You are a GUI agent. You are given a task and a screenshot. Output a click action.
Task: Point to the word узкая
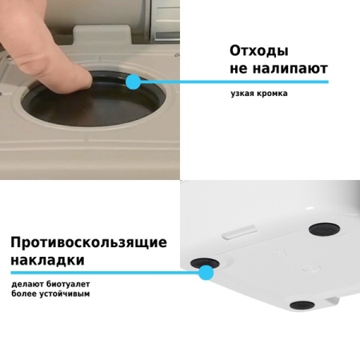[x=240, y=94]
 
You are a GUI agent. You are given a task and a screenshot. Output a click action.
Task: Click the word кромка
[x=270, y=94]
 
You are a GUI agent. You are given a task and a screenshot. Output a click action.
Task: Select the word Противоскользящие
[x=88, y=242]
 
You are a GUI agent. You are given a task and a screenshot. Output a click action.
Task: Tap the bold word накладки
[x=47, y=261]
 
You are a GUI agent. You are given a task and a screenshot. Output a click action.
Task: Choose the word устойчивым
[x=66, y=294]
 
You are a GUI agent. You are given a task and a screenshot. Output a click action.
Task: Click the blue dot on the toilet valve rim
[x=133, y=81]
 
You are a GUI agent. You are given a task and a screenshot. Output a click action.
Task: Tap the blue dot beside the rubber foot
[x=206, y=273]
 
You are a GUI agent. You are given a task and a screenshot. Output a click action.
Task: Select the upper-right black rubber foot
[x=324, y=229]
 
